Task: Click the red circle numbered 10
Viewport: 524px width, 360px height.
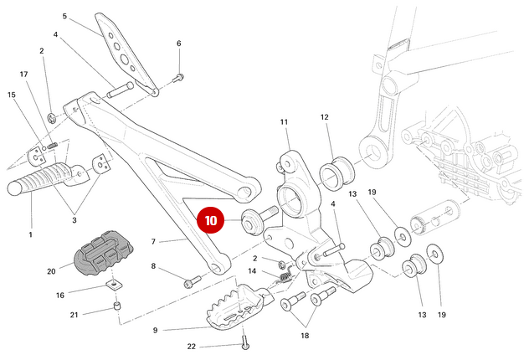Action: (211, 221)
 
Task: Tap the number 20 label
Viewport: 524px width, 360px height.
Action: (52, 270)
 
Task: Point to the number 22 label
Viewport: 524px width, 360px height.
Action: (192, 347)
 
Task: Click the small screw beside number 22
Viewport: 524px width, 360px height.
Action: (244, 341)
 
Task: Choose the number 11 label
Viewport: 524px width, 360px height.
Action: (284, 122)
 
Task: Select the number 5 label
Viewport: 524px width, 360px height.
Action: (64, 16)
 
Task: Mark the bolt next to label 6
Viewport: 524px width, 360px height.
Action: (178, 78)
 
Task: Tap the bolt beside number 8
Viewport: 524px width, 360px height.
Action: (193, 281)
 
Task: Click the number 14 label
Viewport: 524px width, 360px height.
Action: (252, 270)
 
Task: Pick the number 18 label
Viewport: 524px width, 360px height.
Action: (305, 335)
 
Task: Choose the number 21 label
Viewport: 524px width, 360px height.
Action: (74, 315)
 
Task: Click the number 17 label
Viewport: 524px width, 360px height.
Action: (24, 75)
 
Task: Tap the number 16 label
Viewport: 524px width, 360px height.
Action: (59, 295)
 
